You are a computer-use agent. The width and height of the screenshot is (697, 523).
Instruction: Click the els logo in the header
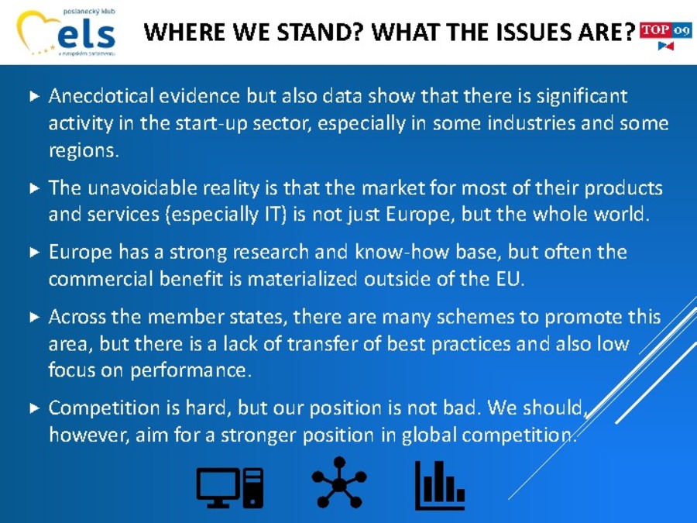coord(67,32)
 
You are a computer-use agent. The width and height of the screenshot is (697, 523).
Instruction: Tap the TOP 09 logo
coord(665,35)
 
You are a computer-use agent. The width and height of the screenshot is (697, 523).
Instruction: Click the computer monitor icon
coord(230,487)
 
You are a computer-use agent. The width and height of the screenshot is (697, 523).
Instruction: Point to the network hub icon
coord(339,483)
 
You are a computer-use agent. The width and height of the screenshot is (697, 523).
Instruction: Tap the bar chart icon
coord(440,485)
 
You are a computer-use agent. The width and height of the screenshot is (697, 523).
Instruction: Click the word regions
coord(84,151)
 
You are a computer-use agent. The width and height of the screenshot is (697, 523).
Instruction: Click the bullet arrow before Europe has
coord(35,253)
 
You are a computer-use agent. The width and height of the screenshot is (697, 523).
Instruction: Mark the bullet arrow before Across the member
coord(35,318)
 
